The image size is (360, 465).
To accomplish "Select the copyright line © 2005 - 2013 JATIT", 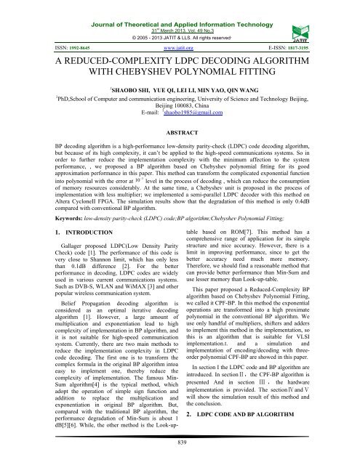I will pos(180,24).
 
